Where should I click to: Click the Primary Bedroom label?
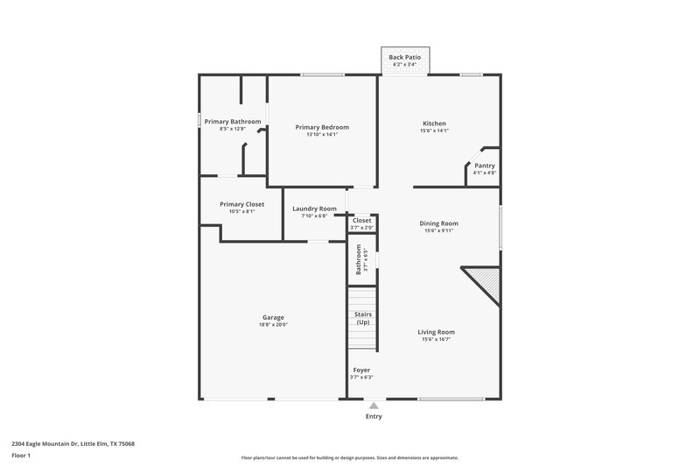(322, 127)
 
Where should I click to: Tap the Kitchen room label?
(435, 124)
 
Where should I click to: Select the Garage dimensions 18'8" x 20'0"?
(273, 324)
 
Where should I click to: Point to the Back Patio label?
(405, 57)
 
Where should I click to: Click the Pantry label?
(485, 166)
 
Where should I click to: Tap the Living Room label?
(435, 332)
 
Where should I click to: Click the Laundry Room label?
(314, 209)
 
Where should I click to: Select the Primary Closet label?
(241, 204)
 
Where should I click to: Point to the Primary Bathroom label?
(233, 122)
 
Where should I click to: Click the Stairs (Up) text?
(362, 317)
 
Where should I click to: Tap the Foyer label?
(361, 370)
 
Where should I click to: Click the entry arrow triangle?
(374, 406)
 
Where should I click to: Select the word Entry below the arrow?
(374, 417)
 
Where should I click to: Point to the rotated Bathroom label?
(359, 258)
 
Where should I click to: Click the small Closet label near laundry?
(361, 220)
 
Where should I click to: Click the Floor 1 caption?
(23, 456)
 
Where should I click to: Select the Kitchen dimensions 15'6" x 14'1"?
(435, 131)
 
